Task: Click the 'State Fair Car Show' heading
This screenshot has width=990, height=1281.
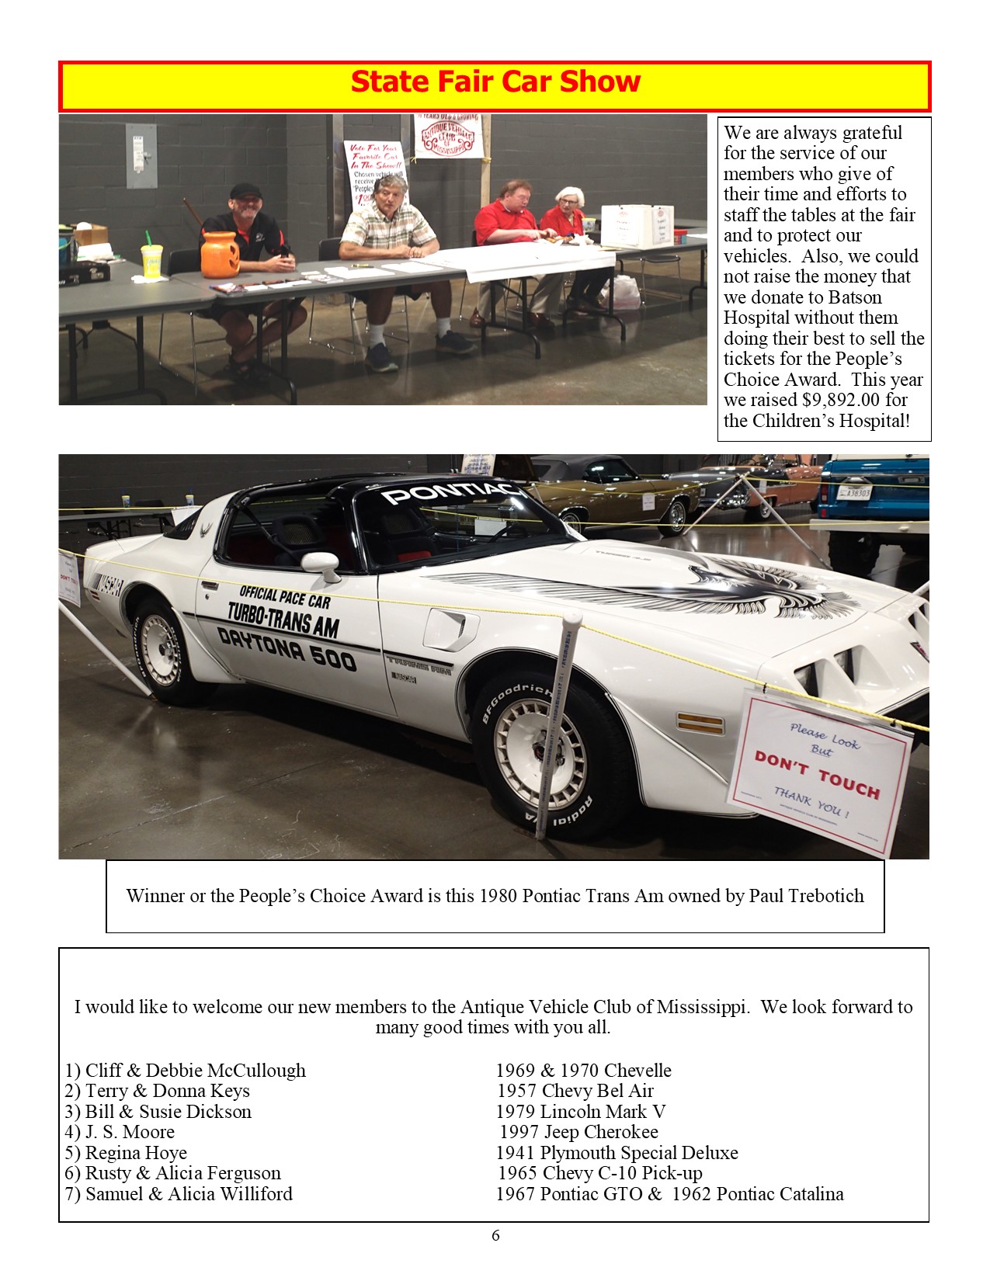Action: coord(495,82)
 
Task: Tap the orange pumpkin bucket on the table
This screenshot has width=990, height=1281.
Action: coord(220,255)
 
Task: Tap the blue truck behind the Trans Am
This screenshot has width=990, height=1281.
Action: coord(874,488)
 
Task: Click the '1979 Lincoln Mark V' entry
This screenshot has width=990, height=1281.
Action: coord(581,1112)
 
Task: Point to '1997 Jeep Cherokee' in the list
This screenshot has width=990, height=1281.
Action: coord(578,1132)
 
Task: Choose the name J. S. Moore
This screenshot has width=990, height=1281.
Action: coord(130,1132)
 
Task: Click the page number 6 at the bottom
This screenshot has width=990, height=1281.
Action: coord(495,1235)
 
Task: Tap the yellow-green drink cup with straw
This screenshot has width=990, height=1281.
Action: coord(151,259)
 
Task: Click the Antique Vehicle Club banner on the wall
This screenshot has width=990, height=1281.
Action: coord(447,137)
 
